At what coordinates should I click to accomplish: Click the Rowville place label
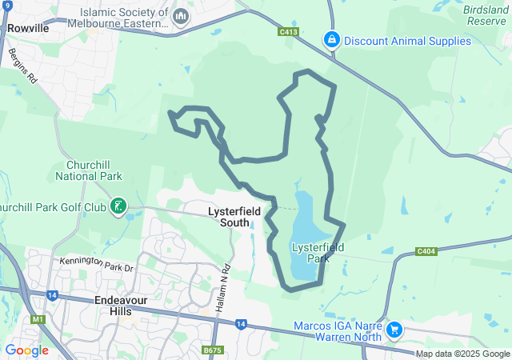click(29, 28)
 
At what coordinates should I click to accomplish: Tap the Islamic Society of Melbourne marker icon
click(181, 16)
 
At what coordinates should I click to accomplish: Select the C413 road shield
click(289, 32)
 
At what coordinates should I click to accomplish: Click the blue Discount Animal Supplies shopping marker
click(330, 39)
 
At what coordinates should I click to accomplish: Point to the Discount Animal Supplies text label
click(406, 40)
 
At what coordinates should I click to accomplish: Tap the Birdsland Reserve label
click(486, 16)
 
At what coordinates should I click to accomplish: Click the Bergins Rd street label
click(22, 66)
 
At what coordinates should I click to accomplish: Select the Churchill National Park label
click(88, 170)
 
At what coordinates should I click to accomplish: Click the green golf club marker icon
click(118, 208)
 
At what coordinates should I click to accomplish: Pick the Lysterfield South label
click(223, 216)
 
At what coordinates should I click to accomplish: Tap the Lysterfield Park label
click(318, 253)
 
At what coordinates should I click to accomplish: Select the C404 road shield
click(426, 251)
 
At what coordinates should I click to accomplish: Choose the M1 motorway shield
click(37, 320)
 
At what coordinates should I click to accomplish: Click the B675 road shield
click(212, 350)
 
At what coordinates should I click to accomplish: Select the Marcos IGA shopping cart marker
click(394, 329)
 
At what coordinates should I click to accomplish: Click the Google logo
click(26, 350)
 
